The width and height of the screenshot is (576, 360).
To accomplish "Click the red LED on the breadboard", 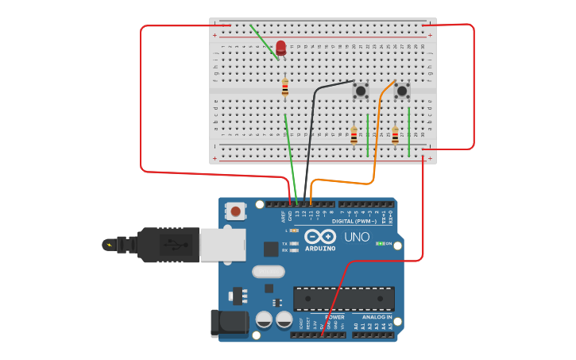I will (x=280, y=48).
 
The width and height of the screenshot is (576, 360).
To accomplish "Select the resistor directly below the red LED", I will (x=285, y=87).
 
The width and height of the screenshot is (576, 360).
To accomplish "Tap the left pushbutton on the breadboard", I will (x=361, y=91).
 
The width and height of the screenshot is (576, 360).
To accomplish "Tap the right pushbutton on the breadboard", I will (x=402, y=91).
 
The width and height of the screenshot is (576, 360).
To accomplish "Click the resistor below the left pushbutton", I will (x=354, y=136).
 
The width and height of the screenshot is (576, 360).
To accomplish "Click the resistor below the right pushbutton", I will (x=395, y=136).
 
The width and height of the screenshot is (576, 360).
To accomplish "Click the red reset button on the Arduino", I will (x=235, y=211).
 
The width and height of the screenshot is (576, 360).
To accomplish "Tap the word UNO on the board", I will (x=357, y=237).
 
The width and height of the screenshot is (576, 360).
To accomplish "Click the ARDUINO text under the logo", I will (x=320, y=248).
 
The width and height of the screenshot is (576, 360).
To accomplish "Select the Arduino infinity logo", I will (x=320, y=236).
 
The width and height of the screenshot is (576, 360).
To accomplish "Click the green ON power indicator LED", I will (x=381, y=243).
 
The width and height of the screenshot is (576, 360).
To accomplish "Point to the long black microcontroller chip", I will (x=343, y=299).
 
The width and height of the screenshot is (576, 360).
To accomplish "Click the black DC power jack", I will (x=229, y=323).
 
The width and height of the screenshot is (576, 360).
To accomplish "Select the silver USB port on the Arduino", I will (x=222, y=245).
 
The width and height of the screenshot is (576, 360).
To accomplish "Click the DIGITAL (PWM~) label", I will (x=354, y=221).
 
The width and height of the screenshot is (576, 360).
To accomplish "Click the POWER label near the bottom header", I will (x=334, y=317).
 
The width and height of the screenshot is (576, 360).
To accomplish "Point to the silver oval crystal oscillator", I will (x=268, y=272).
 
